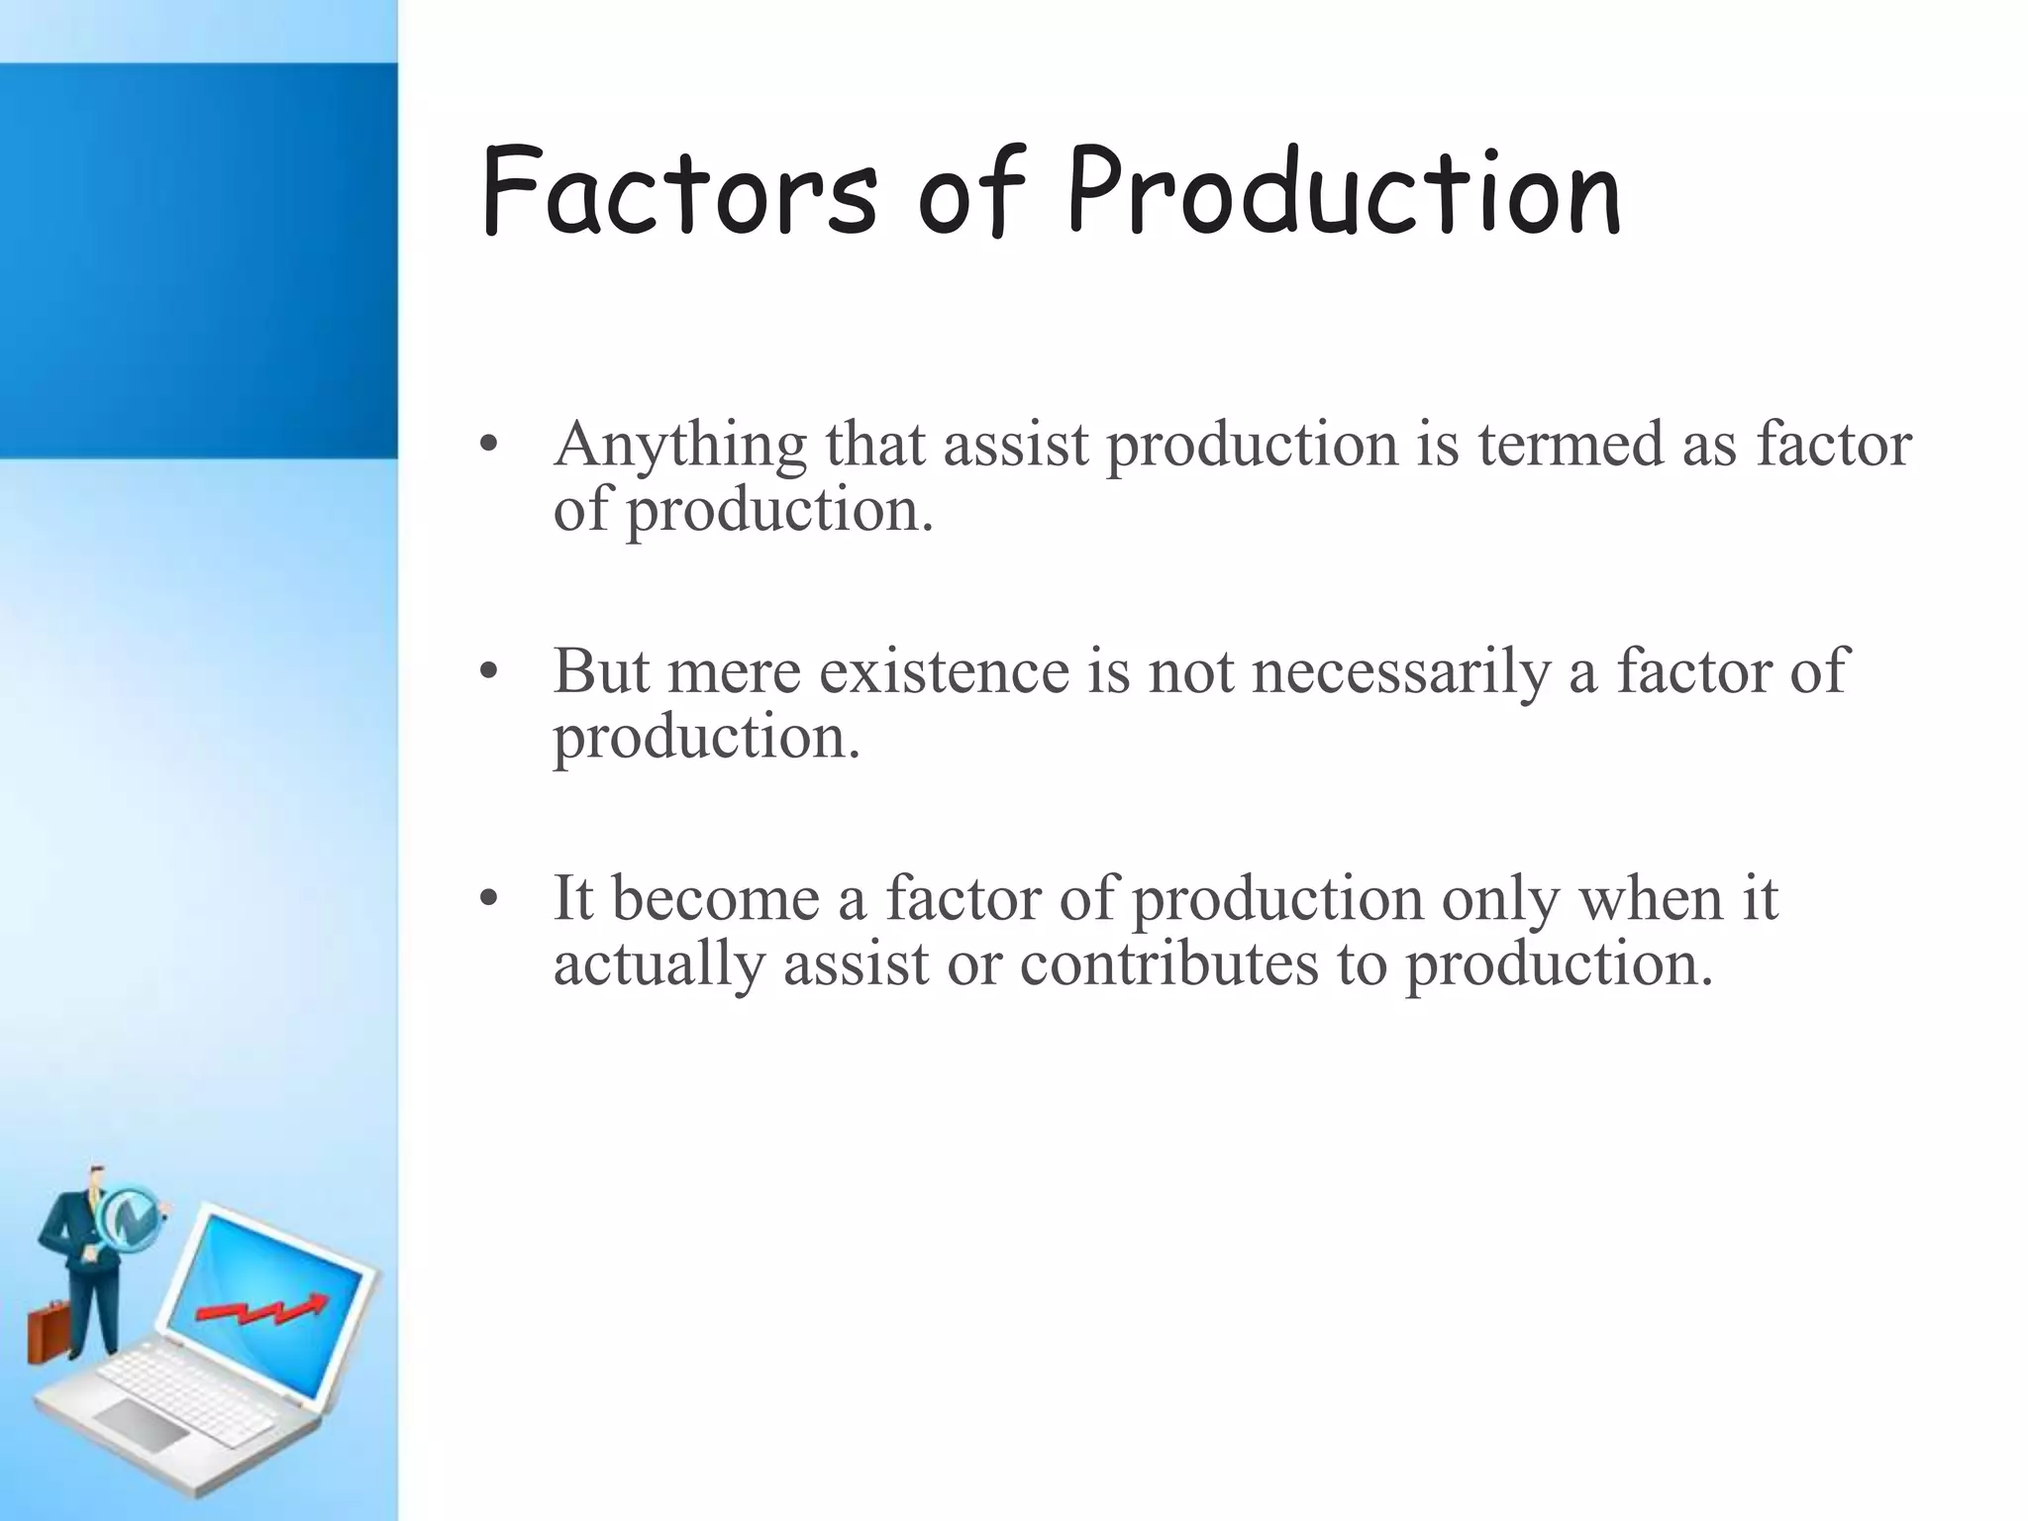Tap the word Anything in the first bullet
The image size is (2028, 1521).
pyautogui.click(x=680, y=445)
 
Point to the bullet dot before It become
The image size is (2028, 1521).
pyautogui.click(x=486, y=899)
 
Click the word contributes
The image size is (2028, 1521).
pyautogui.click(x=1169, y=963)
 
